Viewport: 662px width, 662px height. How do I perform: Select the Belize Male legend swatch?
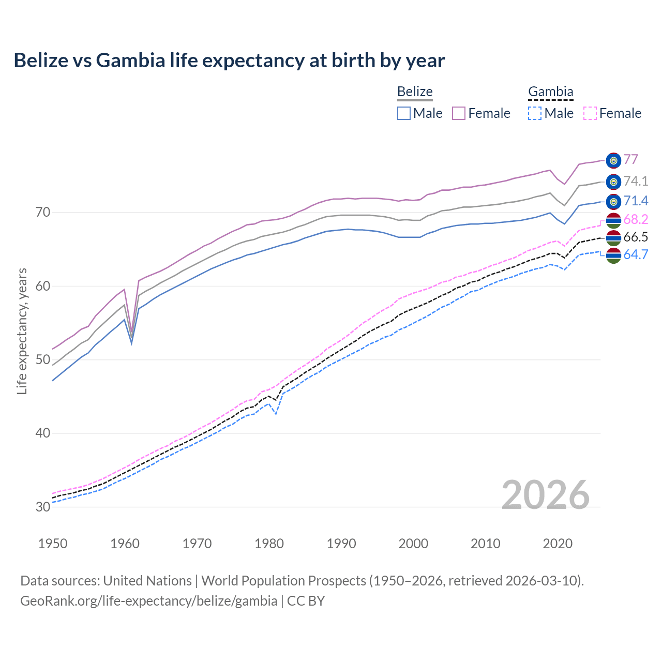[x=404, y=113]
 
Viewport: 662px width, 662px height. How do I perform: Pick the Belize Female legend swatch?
[x=459, y=113]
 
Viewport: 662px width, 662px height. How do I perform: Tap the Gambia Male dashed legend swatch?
[x=535, y=113]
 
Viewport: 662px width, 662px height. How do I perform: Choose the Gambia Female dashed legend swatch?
[x=590, y=113]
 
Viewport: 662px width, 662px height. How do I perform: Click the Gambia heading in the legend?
[x=550, y=92]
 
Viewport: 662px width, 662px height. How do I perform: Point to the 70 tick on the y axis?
[x=43, y=213]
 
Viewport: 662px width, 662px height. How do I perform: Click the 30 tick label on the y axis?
[x=43, y=507]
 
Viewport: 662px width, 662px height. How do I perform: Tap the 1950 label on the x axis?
[x=53, y=544]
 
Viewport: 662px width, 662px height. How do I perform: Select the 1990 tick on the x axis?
[x=341, y=544]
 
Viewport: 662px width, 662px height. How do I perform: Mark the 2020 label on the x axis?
[x=558, y=544]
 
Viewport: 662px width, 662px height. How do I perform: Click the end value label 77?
[x=630, y=160]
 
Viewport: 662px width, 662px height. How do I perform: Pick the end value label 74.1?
[x=636, y=181]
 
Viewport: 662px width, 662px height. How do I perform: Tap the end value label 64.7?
[x=636, y=254]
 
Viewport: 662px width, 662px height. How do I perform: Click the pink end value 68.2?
[x=636, y=220]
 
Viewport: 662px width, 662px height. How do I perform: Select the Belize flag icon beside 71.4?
[x=613, y=201]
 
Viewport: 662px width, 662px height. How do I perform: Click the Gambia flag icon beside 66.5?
[x=613, y=238]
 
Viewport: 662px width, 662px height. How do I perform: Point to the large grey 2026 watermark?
[x=545, y=495]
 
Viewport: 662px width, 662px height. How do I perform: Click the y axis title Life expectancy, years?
[x=22, y=331]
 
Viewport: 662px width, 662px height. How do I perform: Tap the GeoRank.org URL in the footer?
[x=149, y=601]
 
